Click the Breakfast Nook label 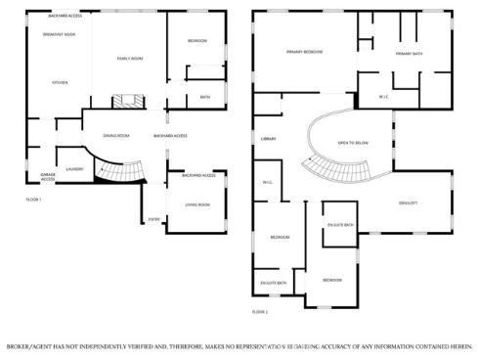point(59,35)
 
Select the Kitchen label point(60,82)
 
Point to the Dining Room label point(116,135)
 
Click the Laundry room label point(73,168)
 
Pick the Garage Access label point(47,178)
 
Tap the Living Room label point(197,204)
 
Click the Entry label point(153,219)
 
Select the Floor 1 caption point(33,199)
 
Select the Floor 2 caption point(260,311)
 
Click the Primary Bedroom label point(305,51)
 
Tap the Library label point(269,139)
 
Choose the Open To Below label point(352,143)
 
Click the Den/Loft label point(408,202)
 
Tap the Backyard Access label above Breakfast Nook point(65,17)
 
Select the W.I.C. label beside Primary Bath point(384,96)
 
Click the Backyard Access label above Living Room point(197,175)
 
